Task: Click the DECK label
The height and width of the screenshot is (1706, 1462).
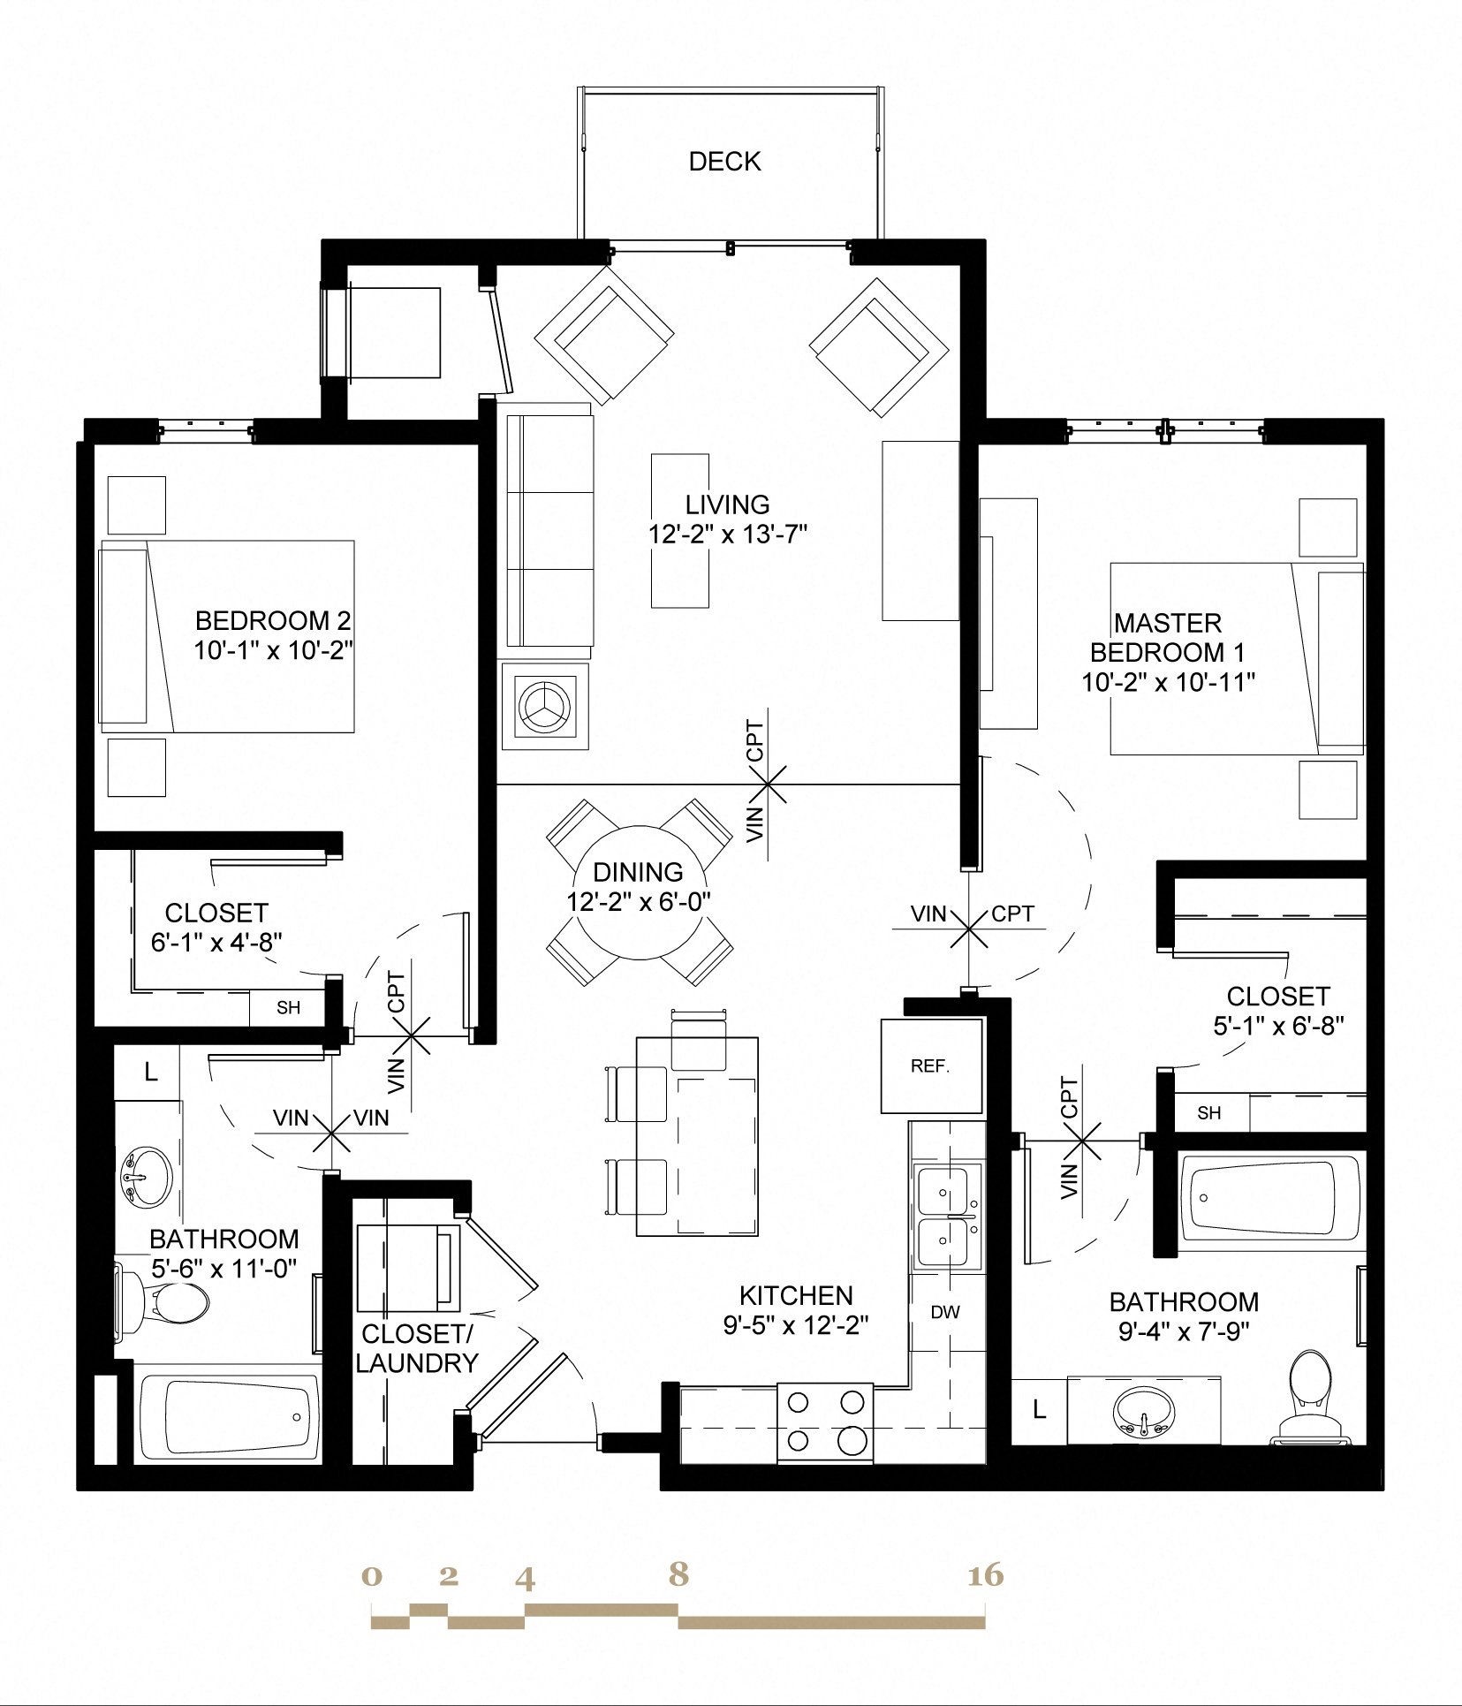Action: (x=724, y=162)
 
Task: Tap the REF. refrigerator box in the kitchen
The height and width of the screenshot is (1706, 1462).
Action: (x=931, y=1065)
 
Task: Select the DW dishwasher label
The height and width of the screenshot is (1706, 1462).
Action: (x=944, y=1312)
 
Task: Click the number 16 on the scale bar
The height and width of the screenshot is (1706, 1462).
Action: (x=985, y=1575)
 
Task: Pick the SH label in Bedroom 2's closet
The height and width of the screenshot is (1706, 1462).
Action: (x=288, y=1008)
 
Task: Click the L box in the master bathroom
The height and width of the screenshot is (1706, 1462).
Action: (x=1039, y=1410)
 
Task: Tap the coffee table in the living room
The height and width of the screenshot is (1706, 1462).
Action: (x=680, y=531)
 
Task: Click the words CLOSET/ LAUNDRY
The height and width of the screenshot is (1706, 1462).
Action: (x=416, y=1349)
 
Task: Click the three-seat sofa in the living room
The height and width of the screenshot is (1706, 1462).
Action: (x=549, y=531)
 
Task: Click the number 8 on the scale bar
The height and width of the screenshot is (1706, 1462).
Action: (x=678, y=1573)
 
